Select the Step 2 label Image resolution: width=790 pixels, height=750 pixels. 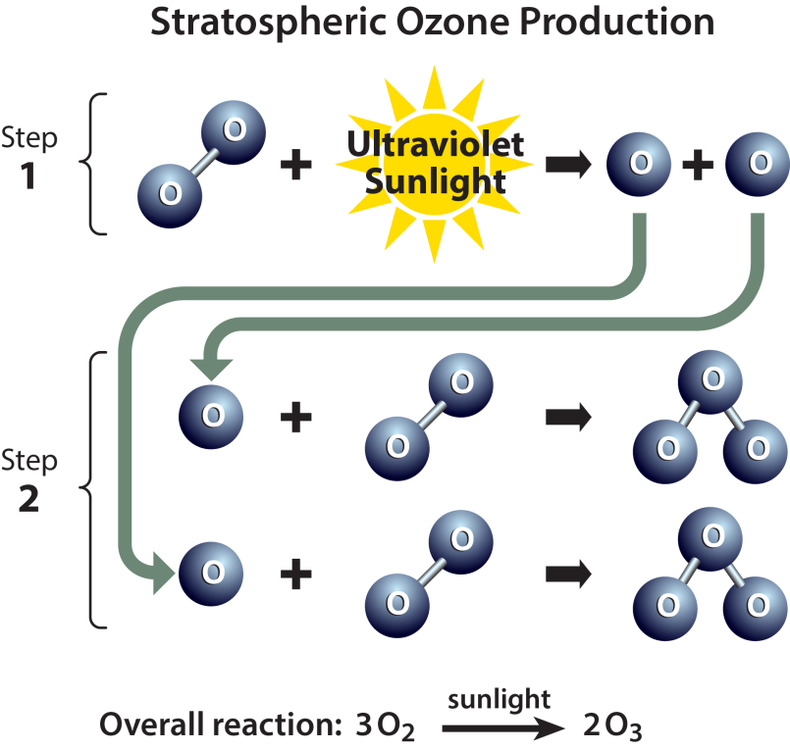(29, 480)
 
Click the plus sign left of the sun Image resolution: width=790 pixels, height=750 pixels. (295, 164)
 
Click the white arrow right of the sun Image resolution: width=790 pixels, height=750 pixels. (568, 164)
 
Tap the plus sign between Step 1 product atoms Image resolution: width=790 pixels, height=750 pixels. (699, 164)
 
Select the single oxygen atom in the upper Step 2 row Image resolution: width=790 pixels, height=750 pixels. (210, 416)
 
